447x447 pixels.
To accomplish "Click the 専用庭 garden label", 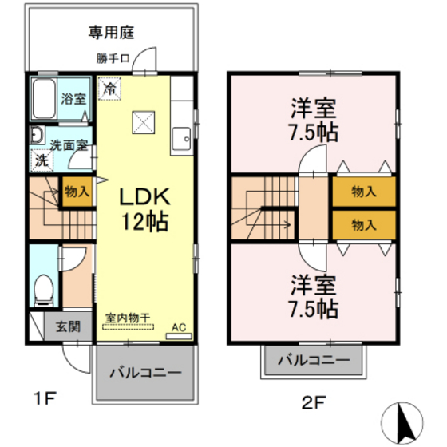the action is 111,32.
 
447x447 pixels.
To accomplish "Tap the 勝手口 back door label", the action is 113,59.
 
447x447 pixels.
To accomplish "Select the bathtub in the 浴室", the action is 44,99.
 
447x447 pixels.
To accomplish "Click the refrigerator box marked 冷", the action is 109,89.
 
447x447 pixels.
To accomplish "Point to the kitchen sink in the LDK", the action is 181,139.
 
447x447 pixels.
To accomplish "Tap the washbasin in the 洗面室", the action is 37,134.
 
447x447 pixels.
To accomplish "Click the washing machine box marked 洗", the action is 42,161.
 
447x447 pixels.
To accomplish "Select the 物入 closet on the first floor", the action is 77,192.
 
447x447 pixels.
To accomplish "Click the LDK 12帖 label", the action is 144,208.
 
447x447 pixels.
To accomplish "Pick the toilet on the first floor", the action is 44,291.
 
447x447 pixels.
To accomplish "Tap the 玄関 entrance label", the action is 68,326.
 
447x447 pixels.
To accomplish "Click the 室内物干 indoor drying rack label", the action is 128,318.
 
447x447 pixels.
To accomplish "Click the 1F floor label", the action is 45,398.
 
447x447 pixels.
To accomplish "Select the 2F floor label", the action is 314,403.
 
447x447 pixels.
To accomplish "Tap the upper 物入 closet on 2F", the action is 364,192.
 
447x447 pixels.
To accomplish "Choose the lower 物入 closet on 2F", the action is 364,225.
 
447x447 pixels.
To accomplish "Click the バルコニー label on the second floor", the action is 314,360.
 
